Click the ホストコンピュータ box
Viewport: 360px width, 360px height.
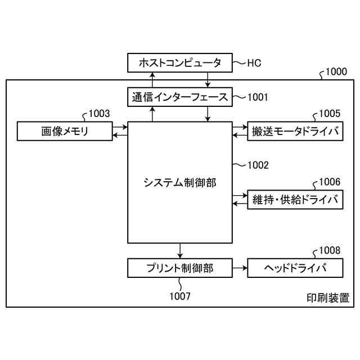coord(179,62)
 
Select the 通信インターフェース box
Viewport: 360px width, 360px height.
coord(179,97)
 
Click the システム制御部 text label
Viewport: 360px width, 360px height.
coord(179,182)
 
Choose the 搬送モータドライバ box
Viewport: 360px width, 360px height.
coord(295,132)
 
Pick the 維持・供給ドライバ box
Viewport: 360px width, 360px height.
coord(295,200)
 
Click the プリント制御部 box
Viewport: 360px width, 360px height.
coord(179,268)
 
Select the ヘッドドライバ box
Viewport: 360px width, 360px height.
coord(295,268)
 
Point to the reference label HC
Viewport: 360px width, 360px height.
coord(254,62)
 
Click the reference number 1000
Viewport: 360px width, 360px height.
coord(336,72)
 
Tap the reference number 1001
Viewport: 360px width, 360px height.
coord(258,97)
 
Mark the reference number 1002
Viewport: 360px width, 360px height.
coord(258,165)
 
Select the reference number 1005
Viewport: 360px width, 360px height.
coord(330,114)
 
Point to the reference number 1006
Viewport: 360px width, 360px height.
coord(330,182)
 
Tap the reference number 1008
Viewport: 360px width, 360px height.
coord(330,250)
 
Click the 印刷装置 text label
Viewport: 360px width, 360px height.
coord(327,298)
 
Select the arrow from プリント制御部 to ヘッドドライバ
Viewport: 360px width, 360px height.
coord(239,268)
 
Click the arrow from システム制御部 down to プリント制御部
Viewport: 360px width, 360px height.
coord(179,250)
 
